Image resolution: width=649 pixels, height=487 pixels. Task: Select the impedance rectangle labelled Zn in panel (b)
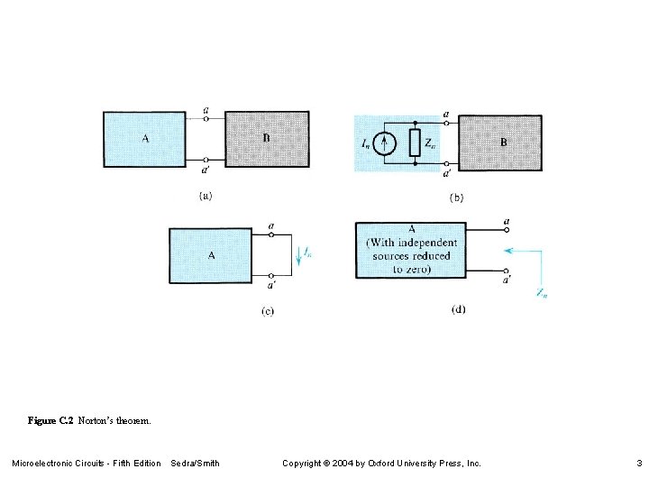coord(415,142)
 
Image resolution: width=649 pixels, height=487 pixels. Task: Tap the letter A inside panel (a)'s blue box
coord(145,139)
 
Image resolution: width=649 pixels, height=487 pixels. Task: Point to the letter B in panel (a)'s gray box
coord(266,138)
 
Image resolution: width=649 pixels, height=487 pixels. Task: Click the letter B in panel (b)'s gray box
coord(503,142)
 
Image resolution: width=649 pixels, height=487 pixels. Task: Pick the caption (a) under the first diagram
coord(206,195)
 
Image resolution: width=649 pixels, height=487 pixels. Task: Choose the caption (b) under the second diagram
coord(455,198)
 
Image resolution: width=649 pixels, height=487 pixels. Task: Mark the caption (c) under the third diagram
coord(267,311)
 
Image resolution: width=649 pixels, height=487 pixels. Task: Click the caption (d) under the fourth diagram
coord(458,309)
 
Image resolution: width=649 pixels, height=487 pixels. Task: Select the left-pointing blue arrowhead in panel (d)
coord(509,251)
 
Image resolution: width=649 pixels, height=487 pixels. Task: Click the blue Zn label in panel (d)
coord(541,292)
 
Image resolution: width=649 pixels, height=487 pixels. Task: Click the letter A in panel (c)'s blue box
coord(212,256)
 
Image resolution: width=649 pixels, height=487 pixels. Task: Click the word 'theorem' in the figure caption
coord(133,420)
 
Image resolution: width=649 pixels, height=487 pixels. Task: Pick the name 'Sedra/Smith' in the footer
coord(195,464)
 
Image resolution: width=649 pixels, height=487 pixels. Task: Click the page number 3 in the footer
coord(638,464)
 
